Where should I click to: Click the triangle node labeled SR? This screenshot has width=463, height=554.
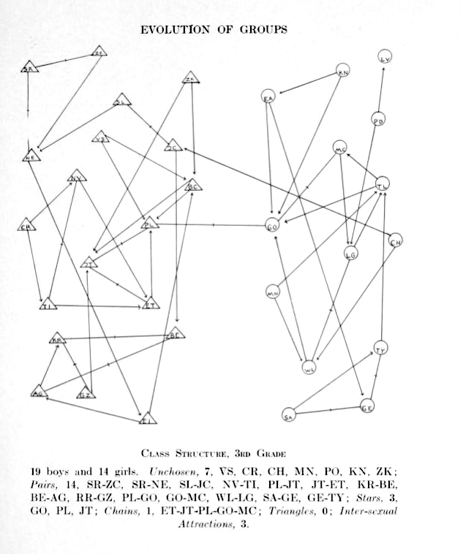click(x=29, y=68)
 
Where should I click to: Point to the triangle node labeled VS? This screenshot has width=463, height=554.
click(x=102, y=137)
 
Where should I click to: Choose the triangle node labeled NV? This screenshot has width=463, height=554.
click(x=75, y=177)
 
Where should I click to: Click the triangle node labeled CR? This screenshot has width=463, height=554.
click(x=27, y=226)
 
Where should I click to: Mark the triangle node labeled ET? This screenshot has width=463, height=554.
click(x=151, y=304)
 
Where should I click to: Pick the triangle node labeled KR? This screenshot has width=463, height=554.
click(x=58, y=339)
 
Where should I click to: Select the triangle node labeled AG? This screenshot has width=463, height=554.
click(x=38, y=392)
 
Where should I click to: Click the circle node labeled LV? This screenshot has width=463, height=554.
click(x=386, y=57)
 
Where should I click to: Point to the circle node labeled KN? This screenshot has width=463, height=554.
click(x=343, y=71)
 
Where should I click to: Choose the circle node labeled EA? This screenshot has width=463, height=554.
click(x=268, y=97)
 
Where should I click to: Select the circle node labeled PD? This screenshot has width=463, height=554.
click(x=378, y=121)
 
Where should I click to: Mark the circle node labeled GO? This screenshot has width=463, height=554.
click(x=272, y=227)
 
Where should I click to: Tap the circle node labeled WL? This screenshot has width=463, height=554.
click(x=310, y=367)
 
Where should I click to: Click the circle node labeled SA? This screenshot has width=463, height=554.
click(x=288, y=415)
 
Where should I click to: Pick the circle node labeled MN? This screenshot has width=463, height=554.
click(x=273, y=292)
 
